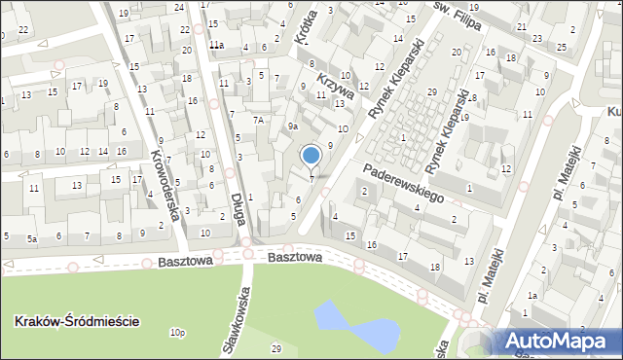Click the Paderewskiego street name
point(404,183)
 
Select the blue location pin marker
point(311,156)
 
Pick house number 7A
point(258,120)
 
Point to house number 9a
point(292,126)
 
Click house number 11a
point(216,46)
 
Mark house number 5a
point(32,237)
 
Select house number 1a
point(531,295)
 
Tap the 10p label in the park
point(176,333)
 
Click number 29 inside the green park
point(276,348)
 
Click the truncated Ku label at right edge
point(613,111)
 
